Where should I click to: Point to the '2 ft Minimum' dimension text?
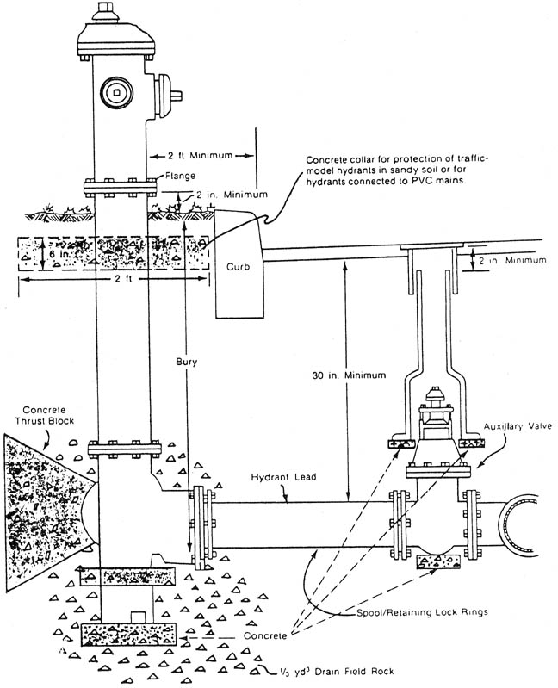(199, 155)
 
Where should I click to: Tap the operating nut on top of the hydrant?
(107, 15)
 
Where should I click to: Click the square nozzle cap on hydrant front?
(114, 90)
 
